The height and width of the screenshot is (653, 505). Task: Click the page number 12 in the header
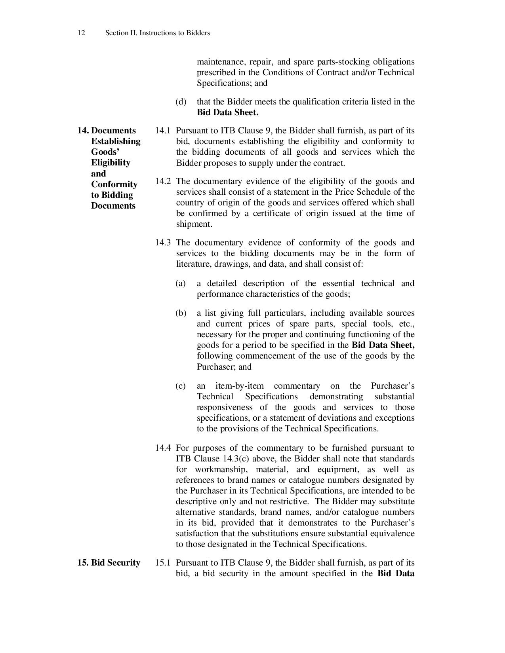click(x=81, y=33)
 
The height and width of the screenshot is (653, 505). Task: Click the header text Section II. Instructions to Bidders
click(x=157, y=33)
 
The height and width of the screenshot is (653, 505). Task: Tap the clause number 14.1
click(x=163, y=131)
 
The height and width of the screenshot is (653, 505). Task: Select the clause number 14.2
click(x=163, y=181)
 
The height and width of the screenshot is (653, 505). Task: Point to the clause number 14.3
click(x=163, y=243)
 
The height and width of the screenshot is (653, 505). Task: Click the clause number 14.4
click(x=163, y=448)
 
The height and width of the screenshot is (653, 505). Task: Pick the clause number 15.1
click(x=163, y=563)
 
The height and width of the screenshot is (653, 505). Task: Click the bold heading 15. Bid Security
click(x=109, y=563)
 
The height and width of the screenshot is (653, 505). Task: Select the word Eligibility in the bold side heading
click(x=111, y=163)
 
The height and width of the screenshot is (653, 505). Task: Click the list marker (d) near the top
click(x=181, y=102)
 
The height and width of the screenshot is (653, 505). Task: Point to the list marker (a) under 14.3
click(x=181, y=283)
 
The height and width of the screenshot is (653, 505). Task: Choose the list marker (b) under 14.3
click(x=181, y=313)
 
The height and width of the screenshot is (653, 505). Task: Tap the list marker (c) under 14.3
click(x=181, y=386)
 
